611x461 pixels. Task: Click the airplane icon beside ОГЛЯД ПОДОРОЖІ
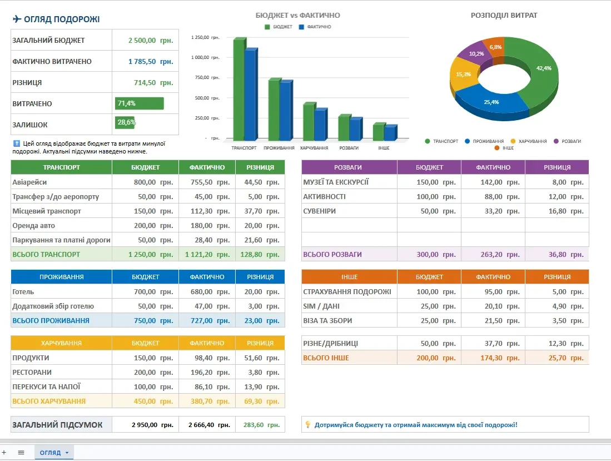[x=17, y=19]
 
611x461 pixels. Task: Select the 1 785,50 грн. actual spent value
[x=151, y=62]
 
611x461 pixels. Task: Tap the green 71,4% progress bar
[x=139, y=103]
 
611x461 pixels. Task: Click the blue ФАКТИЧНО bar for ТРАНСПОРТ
[x=251, y=94]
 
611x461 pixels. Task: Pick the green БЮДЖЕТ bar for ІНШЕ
[x=379, y=132]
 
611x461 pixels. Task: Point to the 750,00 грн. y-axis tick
[x=207, y=77]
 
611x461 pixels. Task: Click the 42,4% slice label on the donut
[x=544, y=68]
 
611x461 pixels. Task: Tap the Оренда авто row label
[x=33, y=226]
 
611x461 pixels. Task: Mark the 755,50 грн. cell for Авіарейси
[x=210, y=182]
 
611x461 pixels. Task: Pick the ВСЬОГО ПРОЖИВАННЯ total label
[x=51, y=321]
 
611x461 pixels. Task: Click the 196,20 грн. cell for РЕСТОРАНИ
[x=210, y=373]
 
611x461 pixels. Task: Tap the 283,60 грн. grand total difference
[x=261, y=425]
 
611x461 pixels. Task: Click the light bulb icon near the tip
[x=308, y=424]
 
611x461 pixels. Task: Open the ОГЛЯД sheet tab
[x=53, y=453]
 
